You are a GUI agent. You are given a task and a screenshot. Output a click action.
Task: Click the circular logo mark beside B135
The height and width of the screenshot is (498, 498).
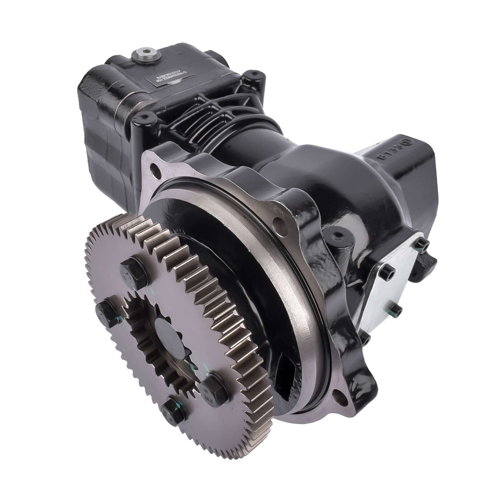click(406, 143)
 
